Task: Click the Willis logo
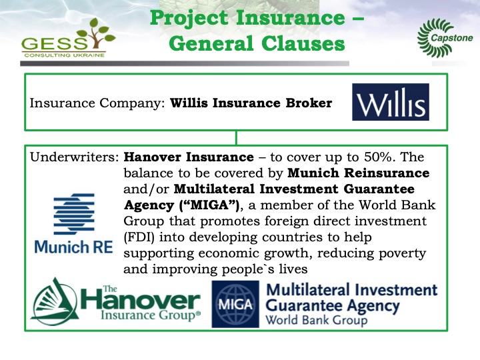coord(390,102)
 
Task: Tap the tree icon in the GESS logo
coord(95,33)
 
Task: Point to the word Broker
coord(309,103)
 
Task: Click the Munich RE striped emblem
coord(74,214)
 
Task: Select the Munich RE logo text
coord(74,247)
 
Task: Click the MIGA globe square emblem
coord(235,304)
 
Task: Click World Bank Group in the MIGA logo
coord(317,320)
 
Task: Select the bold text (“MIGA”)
coord(209,205)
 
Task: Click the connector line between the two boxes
coord(236,138)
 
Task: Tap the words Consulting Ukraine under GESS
coord(64,55)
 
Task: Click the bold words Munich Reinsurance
coord(359,173)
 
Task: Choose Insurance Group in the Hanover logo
coord(150,315)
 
